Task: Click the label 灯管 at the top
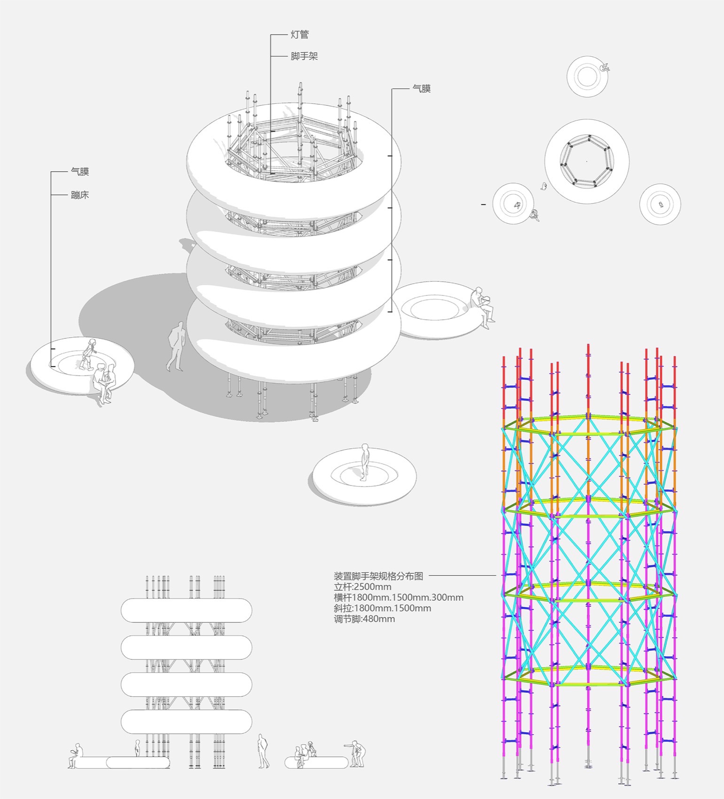(299, 35)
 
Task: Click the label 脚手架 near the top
(304, 56)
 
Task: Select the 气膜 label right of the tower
(421, 88)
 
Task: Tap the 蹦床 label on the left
(79, 195)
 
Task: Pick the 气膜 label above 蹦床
(79, 172)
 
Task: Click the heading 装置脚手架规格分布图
(378, 576)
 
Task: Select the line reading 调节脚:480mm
(364, 619)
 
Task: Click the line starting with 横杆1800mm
(398, 597)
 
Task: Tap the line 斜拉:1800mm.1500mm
(382, 608)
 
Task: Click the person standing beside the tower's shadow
(177, 346)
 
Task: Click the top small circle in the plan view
(587, 77)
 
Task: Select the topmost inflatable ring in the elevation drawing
(186, 610)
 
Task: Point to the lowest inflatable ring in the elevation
(186, 722)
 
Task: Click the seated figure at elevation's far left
(75, 756)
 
